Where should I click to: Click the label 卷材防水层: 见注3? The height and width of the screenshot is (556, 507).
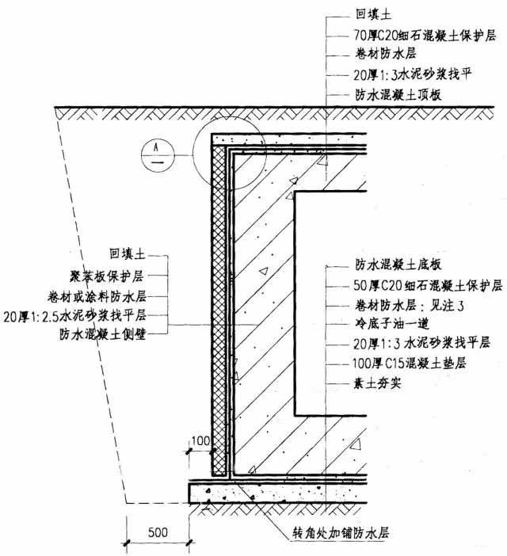[x=402, y=304]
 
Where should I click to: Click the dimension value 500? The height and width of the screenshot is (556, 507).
[x=159, y=532]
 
